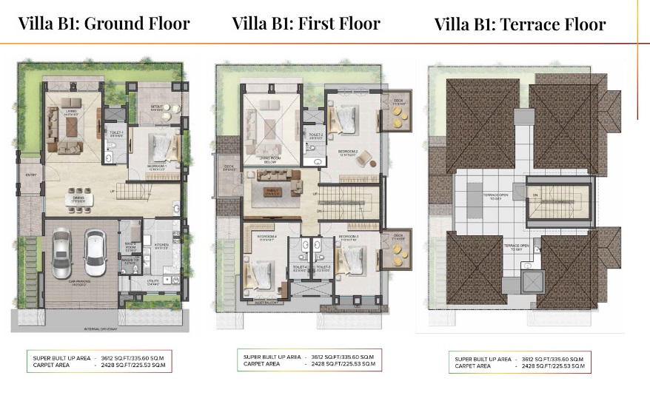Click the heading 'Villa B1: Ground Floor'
tap(104, 23)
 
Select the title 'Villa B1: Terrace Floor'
tap(520, 24)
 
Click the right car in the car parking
tap(96, 251)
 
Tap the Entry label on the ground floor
tap(30, 175)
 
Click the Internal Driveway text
tap(101, 328)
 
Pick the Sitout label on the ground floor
tap(156, 107)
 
